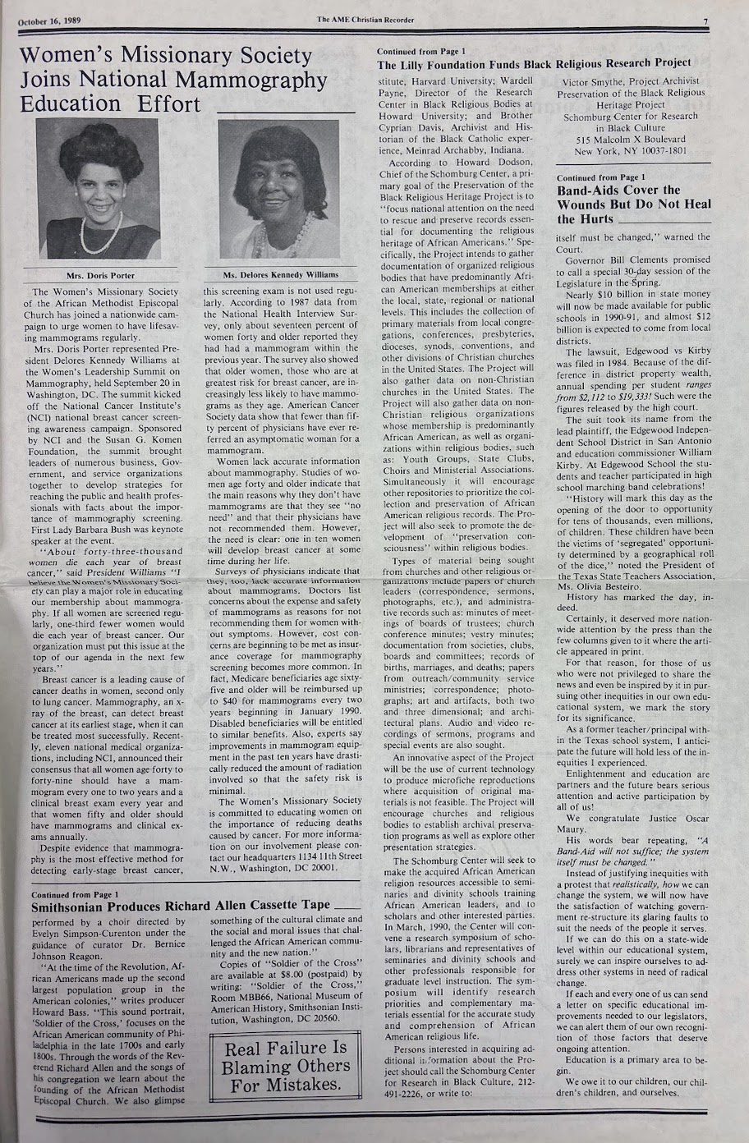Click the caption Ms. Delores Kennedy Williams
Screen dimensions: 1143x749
coord(269,275)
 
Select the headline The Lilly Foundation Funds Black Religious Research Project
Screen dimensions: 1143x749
coord(534,63)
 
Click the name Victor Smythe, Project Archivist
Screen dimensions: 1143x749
coord(630,81)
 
